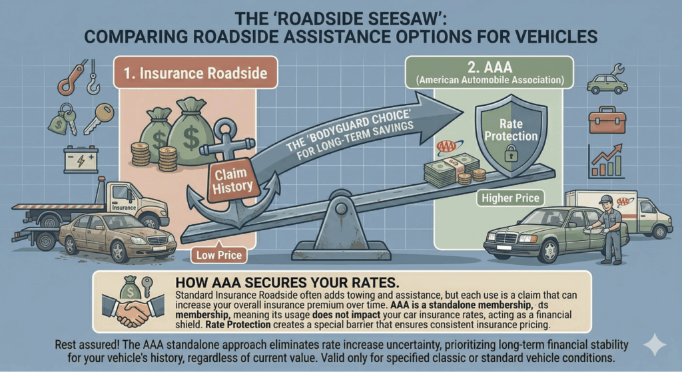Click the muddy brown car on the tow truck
(x=117, y=236)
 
